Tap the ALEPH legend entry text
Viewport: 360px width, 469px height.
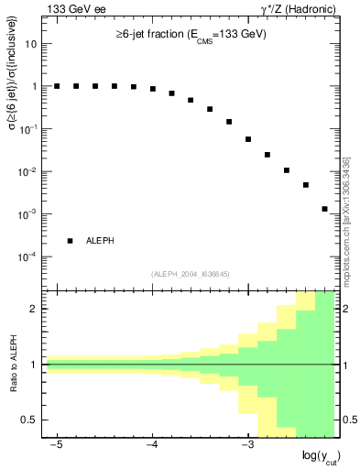pyautogui.click(x=100, y=241)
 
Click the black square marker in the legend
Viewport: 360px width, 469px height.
pyautogui.click(x=70, y=241)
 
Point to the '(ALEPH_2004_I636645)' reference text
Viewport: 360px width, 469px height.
pyautogui.click(x=190, y=274)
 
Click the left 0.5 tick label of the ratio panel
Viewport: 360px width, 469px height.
pyautogui.click(x=33, y=420)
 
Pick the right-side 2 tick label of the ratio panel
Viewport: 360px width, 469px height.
pyautogui.click(x=344, y=309)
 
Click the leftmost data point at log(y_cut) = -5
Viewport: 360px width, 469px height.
pyautogui.click(x=57, y=86)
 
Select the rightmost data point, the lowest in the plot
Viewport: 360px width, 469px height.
pyautogui.click(x=324, y=209)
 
